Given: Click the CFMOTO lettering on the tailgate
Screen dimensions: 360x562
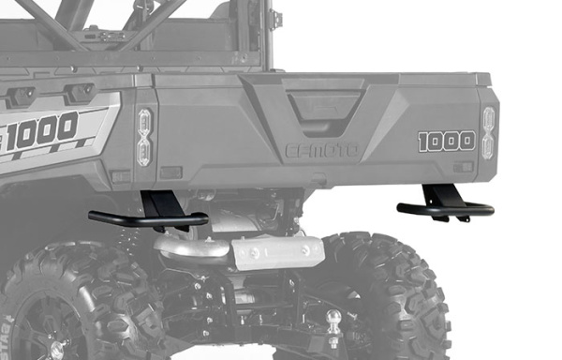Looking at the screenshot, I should [x=321, y=150].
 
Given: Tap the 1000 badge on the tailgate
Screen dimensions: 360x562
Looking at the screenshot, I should [x=446, y=141].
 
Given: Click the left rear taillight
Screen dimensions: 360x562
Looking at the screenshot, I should [x=144, y=137].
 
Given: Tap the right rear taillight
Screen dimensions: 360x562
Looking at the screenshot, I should [x=488, y=131].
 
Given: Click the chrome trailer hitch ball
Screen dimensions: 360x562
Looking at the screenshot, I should [x=333, y=318].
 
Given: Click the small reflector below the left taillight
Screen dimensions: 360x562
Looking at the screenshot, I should [x=170, y=172].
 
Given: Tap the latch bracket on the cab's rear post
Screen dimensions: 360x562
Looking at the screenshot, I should [x=274, y=19].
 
